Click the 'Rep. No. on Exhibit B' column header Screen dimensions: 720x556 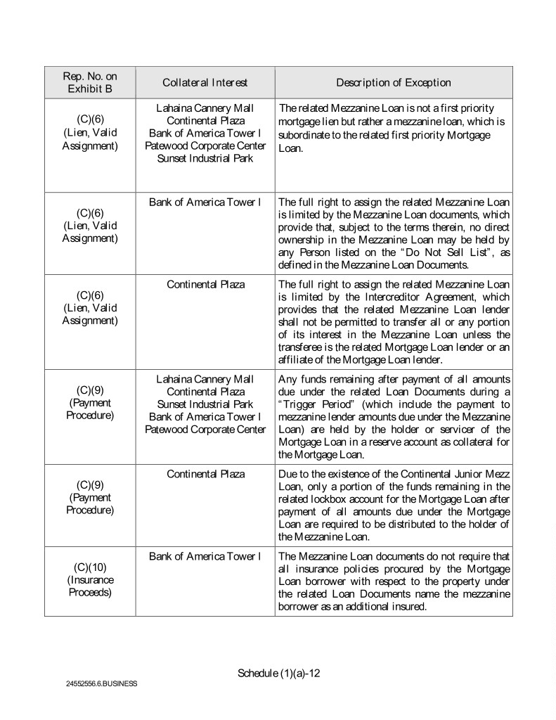[90, 82]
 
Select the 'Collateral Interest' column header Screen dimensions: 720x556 [205, 83]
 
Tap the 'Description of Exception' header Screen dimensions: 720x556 [393, 83]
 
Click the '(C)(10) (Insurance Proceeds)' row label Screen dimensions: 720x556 [90, 579]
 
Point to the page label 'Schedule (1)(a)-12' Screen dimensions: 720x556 [279, 673]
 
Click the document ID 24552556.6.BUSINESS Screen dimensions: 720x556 [102, 683]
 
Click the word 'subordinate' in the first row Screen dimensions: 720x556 [306, 134]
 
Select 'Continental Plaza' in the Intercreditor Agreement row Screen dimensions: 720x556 [205, 284]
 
